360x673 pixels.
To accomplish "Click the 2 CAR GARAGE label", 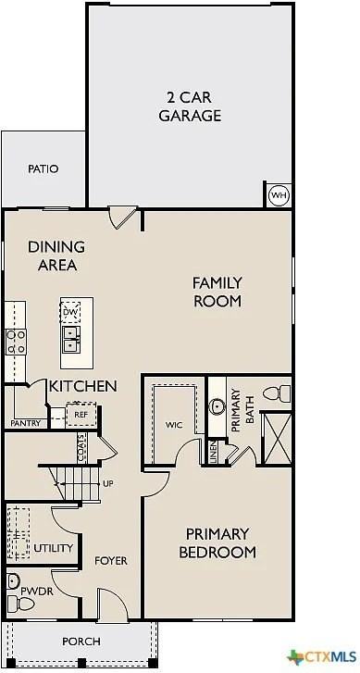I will tap(193, 107).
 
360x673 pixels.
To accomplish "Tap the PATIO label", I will tap(43, 169).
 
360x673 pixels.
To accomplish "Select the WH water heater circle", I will tap(279, 195).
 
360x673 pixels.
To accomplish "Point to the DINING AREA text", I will tap(56, 255).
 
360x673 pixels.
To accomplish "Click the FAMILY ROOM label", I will tap(217, 292).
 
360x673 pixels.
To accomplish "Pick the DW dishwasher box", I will tap(71, 312).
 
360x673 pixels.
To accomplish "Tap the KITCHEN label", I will tap(83, 386).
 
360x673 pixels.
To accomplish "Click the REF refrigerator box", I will tap(81, 416).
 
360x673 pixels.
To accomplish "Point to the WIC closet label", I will tap(173, 426).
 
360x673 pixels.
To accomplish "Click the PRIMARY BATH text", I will tap(235, 408).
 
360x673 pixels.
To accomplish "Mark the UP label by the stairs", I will tap(108, 484).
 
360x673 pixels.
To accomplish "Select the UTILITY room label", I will tap(53, 549).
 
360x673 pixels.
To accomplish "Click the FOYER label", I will tap(111, 562).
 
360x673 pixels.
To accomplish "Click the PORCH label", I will tap(81, 642).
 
